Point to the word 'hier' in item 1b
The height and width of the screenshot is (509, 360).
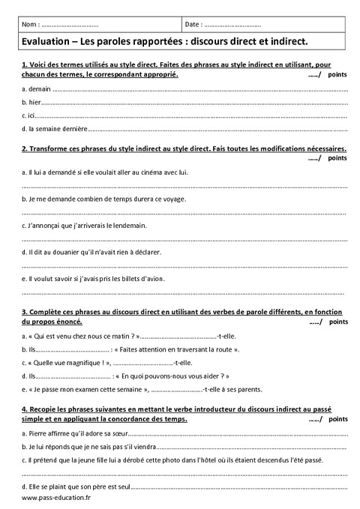point(34,103)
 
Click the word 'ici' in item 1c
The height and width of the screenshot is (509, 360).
point(31,116)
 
